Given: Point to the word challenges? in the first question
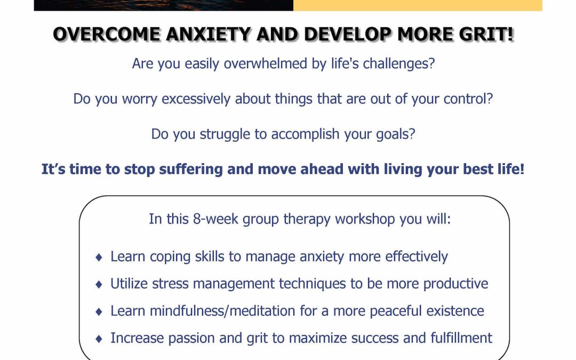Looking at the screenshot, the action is (x=398, y=63).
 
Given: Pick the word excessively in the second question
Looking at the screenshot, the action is (x=196, y=99).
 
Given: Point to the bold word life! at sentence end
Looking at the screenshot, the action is (x=510, y=170).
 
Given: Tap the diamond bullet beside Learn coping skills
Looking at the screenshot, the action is (x=99, y=257).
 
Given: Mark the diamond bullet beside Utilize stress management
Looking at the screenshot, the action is (x=99, y=284).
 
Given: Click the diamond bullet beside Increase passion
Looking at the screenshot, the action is (x=99, y=339).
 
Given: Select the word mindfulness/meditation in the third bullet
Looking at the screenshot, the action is (x=222, y=311).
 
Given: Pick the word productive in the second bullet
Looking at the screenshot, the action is (x=455, y=284).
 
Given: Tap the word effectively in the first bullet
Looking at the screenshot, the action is (x=417, y=257).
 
